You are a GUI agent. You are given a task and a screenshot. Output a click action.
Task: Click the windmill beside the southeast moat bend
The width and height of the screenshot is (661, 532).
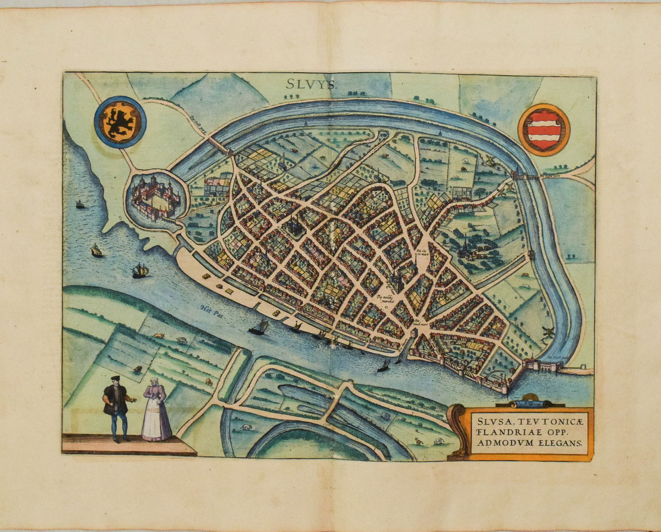549,332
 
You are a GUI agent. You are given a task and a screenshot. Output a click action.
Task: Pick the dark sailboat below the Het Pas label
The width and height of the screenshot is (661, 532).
259,327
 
